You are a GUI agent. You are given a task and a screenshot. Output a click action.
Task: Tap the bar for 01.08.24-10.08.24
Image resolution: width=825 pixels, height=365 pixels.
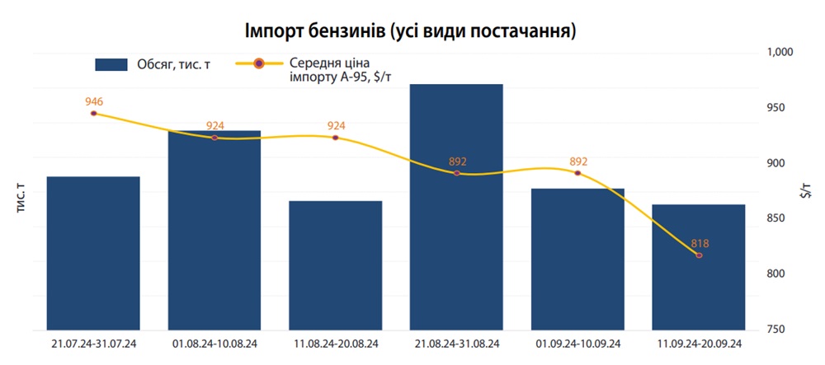click(x=214, y=231)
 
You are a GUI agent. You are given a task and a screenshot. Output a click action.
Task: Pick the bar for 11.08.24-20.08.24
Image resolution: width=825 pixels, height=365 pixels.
click(x=336, y=265)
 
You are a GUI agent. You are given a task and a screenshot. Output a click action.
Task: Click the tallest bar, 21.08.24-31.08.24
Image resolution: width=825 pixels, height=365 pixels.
click(x=456, y=206)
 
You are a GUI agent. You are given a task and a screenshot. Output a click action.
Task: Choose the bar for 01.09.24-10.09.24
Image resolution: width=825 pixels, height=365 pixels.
click(x=577, y=259)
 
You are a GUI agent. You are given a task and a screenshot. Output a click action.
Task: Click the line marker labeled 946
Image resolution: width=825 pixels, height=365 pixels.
click(x=93, y=113)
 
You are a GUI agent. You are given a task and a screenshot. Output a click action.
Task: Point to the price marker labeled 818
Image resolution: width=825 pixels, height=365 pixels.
click(x=699, y=255)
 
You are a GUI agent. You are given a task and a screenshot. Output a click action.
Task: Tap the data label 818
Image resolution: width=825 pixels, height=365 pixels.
click(x=700, y=243)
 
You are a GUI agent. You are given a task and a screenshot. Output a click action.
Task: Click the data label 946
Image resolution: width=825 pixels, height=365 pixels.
click(x=94, y=101)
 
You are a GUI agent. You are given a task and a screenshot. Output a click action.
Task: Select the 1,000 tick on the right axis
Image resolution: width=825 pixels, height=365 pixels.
click(x=780, y=52)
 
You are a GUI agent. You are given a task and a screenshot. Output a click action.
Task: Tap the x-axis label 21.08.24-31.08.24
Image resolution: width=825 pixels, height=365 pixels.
click(x=456, y=343)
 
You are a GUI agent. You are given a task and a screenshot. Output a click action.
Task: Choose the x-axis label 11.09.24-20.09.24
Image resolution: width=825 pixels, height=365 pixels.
click(x=699, y=343)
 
